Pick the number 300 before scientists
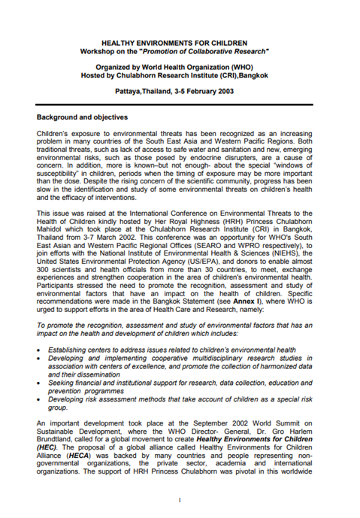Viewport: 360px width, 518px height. [x=46, y=271]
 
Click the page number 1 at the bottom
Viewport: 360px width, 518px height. [x=180, y=499]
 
